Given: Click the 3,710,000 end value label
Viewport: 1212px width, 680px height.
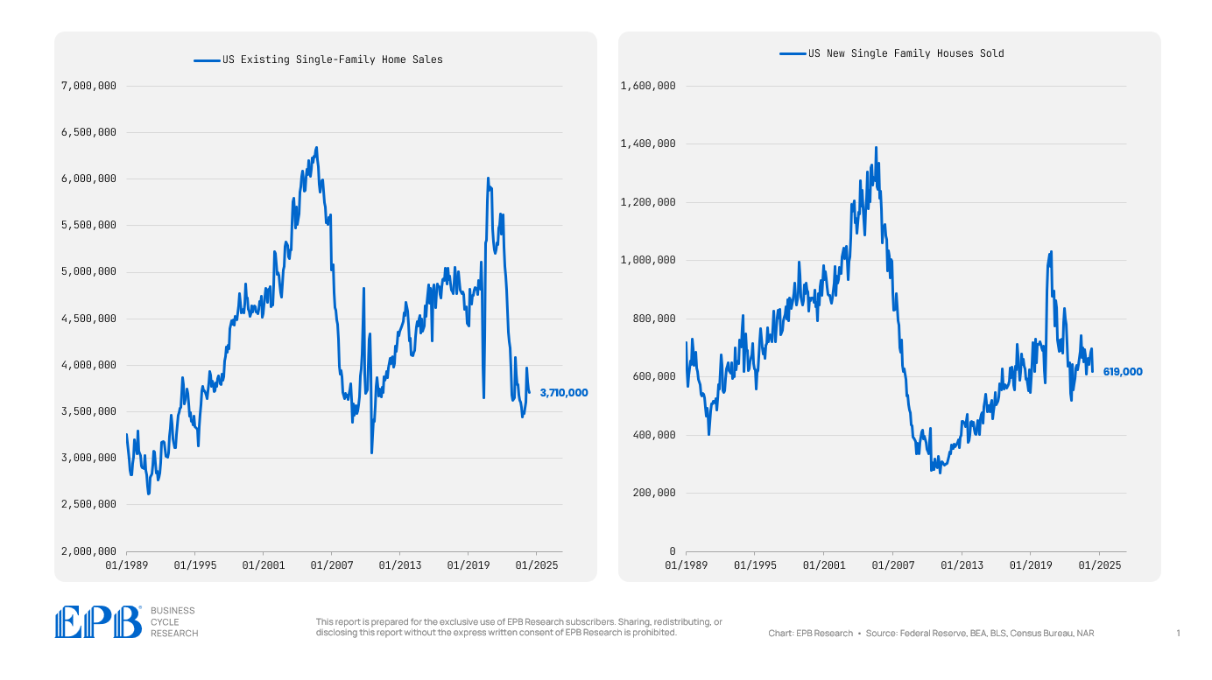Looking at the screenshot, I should point(563,393).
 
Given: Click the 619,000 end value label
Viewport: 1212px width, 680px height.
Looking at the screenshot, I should point(1122,372).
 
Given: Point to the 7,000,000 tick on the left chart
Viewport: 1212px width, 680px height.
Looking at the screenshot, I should point(88,86).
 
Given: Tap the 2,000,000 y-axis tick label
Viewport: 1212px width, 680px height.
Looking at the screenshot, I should point(88,551).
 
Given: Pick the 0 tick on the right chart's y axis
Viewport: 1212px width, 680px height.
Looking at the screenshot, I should point(672,551).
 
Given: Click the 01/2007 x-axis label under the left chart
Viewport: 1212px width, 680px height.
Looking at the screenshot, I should point(332,565).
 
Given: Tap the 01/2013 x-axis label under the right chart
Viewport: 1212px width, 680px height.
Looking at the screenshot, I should point(961,565).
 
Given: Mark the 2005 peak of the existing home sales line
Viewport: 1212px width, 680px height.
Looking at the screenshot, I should point(316,148).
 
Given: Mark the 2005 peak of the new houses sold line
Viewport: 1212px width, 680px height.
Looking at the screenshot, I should point(876,148).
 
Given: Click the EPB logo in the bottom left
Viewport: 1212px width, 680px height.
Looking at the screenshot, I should point(98,621).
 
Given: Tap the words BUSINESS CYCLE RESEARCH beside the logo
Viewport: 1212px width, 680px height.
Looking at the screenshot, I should point(174,621).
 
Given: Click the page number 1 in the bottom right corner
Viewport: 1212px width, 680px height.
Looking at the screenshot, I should point(1178,633).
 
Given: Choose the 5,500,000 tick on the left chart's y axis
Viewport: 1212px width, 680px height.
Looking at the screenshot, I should point(88,225).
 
